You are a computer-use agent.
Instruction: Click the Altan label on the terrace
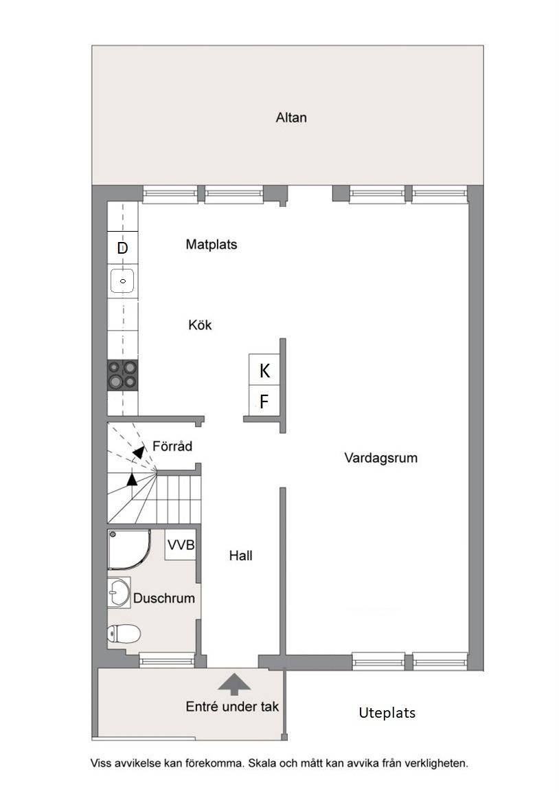pyautogui.click(x=291, y=118)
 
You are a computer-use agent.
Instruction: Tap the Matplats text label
pyautogui.click(x=212, y=245)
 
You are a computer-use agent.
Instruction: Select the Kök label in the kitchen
pyautogui.click(x=200, y=324)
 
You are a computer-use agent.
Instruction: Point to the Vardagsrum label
pyautogui.click(x=381, y=458)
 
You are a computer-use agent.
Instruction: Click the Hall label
pyautogui.click(x=240, y=555)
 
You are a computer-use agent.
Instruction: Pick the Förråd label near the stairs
pyautogui.click(x=172, y=446)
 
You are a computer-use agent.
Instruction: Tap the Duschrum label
pyautogui.click(x=164, y=598)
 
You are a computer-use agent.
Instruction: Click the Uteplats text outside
pyautogui.click(x=387, y=713)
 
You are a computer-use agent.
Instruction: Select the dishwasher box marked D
pyautogui.click(x=123, y=247)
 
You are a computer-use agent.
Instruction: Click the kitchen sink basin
pyautogui.click(x=123, y=280)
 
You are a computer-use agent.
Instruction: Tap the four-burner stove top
pyautogui.click(x=123, y=375)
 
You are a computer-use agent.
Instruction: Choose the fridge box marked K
pyautogui.click(x=264, y=371)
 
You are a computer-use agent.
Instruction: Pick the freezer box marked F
pyautogui.click(x=264, y=401)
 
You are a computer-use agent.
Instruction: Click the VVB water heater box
pyautogui.click(x=181, y=544)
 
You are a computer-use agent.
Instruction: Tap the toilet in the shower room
pyautogui.click(x=124, y=633)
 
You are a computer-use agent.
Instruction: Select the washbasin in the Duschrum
pyautogui.click(x=119, y=592)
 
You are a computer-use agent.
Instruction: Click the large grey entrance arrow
pyautogui.click(x=234, y=684)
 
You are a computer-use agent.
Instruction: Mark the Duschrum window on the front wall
pyautogui.click(x=166, y=660)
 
